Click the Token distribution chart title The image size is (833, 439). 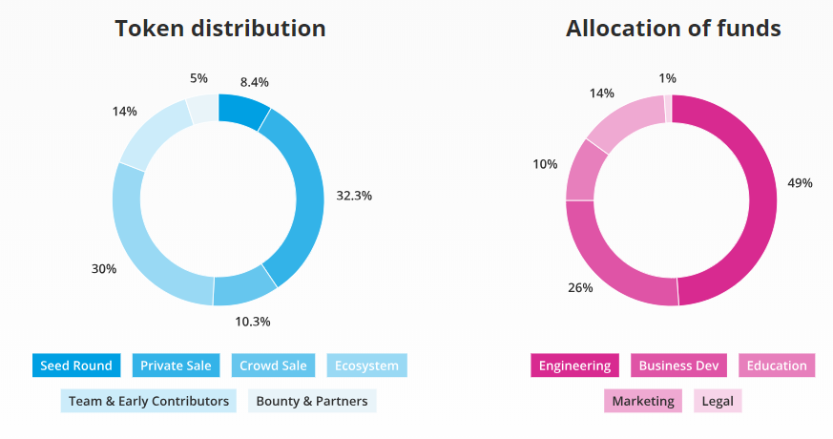[x=220, y=29]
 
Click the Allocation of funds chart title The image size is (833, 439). [x=674, y=29]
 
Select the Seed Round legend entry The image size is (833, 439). [x=76, y=366]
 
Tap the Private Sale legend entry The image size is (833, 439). [x=177, y=366]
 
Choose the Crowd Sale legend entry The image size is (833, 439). [x=273, y=366]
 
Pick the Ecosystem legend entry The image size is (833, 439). [x=367, y=366]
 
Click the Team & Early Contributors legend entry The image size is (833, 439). [x=148, y=401]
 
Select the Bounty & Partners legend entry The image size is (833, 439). [x=312, y=401]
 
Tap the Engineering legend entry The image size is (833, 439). [x=574, y=366]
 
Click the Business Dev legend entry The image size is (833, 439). [x=678, y=366]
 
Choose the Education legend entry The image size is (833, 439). [x=777, y=366]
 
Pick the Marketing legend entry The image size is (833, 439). [x=643, y=401]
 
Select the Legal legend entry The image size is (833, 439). [x=718, y=401]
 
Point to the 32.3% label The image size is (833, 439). [x=354, y=196]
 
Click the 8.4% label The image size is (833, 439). [x=256, y=83]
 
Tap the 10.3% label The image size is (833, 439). [x=253, y=322]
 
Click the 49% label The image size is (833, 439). [x=800, y=182]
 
